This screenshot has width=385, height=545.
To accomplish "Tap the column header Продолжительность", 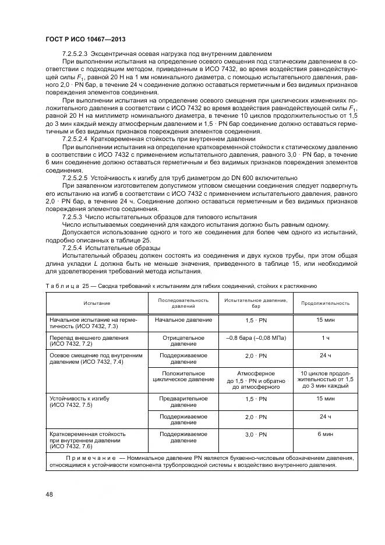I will click(x=325, y=303).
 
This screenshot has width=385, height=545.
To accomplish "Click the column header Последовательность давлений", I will click(x=183, y=303).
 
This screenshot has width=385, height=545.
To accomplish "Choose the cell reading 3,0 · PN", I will click(x=255, y=435).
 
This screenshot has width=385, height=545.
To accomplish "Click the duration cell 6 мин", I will click(x=325, y=435).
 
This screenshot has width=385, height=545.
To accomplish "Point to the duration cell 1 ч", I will click(x=325, y=338).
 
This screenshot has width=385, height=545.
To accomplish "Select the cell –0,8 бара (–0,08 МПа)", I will click(x=255, y=338).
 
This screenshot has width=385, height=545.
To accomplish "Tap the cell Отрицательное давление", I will click(x=183, y=341).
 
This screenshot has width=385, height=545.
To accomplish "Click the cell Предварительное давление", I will click(x=183, y=402).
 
